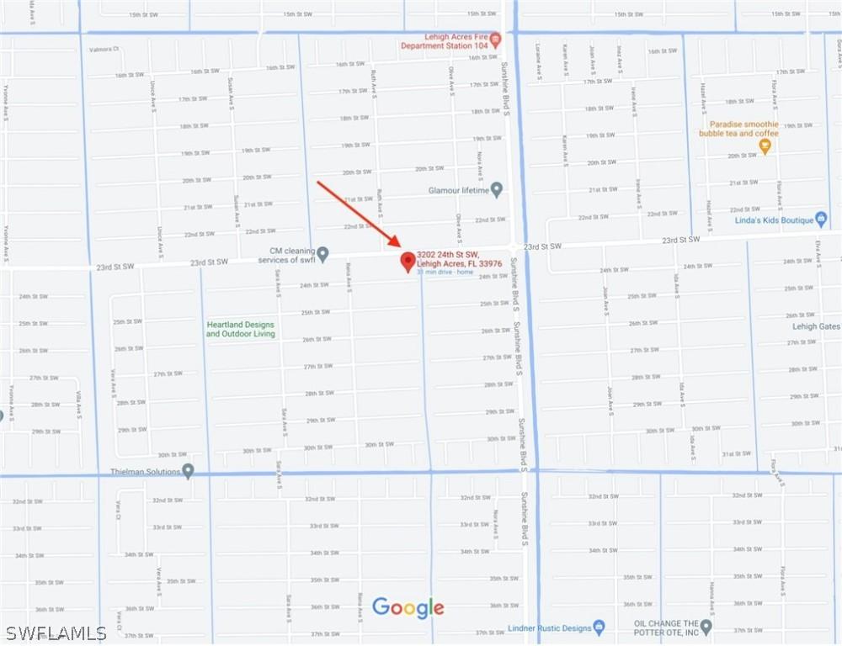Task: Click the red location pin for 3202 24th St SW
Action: (x=408, y=261)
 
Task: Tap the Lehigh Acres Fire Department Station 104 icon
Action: (x=496, y=39)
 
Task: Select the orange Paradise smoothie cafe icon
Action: (x=765, y=146)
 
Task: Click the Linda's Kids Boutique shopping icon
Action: (x=822, y=219)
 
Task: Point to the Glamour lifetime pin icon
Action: (x=497, y=189)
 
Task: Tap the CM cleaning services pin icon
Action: (x=322, y=254)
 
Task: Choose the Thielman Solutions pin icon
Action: (x=188, y=471)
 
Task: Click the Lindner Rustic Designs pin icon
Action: (x=599, y=627)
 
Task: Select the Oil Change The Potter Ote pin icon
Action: (x=706, y=627)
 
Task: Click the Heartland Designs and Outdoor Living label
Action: (x=240, y=329)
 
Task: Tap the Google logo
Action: (x=408, y=607)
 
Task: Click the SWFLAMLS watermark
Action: (x=55, y=633)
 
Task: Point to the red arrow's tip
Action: (x=399, y=246)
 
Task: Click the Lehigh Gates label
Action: (x=816, y=326)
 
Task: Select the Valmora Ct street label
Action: (x=104, y=50)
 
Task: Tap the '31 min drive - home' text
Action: (x=445, y=272)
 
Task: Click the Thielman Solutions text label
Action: (x=146, y=472)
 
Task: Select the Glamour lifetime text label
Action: (x=458, y=190)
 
